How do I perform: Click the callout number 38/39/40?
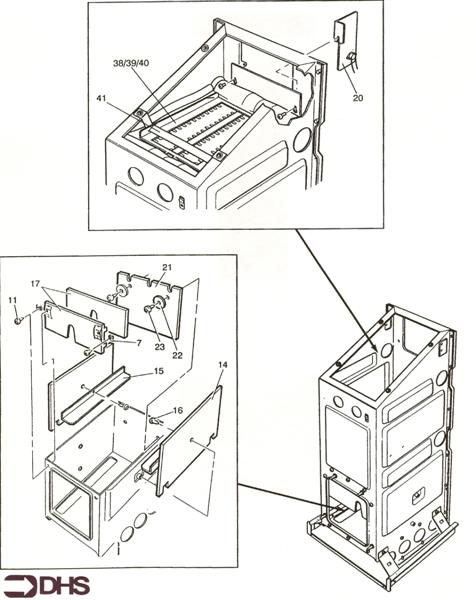pos(131,63)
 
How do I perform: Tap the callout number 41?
pos(101,99)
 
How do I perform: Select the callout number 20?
pos(358,98)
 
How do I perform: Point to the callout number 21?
pos(167,267)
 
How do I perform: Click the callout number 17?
pos(35,284)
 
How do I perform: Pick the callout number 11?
pos(13,300)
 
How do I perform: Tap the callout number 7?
pos(139,342)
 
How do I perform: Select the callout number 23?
pos(160,346)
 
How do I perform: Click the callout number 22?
pos(177,355)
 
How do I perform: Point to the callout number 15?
pos(159,371)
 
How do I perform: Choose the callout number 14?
pos(223,365)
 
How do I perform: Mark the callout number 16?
pos(178,411)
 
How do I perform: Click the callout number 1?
pos(53,362)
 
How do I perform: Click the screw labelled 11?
pos(18,321)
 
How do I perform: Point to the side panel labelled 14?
pos(189,441)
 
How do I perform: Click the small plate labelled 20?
pos(346,42)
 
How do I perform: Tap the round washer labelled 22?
pos(158,301)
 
